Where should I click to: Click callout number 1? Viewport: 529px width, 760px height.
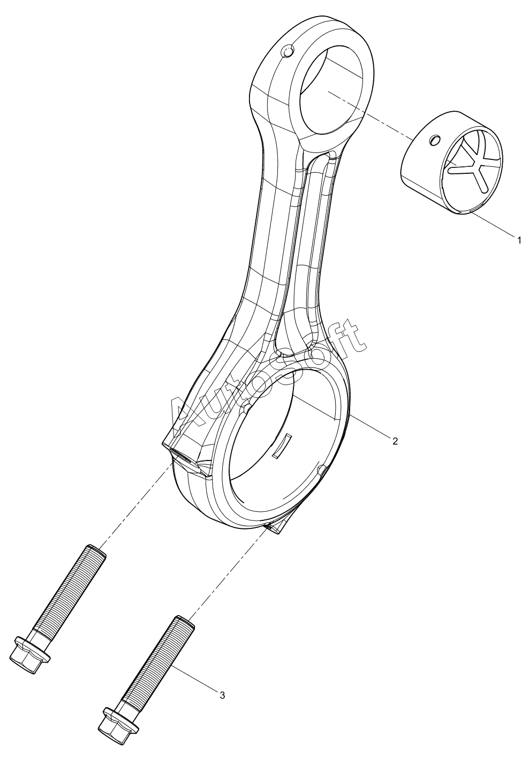pos(518,241)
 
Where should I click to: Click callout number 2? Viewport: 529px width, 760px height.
pos(395,441)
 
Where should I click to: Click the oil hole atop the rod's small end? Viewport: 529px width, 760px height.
pos(287,52)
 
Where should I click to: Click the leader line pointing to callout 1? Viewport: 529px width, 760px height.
pos(491,224)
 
